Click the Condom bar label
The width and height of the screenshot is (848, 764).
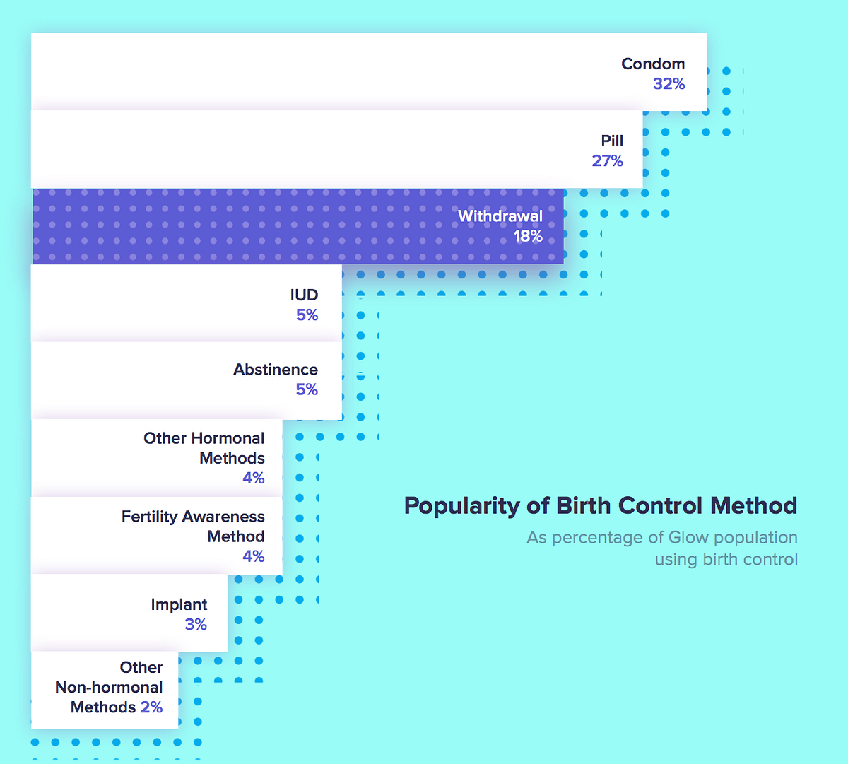(653, 64)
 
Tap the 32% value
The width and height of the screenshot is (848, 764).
(669, 84)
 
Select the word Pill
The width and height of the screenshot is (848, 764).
(612, 141)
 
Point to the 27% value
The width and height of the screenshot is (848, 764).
(607, 161)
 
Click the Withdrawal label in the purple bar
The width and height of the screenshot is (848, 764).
(500, 216)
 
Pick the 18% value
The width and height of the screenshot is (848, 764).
(528, 236)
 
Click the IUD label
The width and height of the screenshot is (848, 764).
(304, 295)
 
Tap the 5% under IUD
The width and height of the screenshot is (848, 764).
(307, 315)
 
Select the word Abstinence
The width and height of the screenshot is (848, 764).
(276, 370)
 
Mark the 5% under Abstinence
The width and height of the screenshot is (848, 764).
(307, 389)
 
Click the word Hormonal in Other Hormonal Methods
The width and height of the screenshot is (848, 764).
(226, 438)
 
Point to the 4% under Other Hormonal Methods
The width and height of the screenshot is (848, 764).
(253, 478)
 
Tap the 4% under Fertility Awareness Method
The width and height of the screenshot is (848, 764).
(253, 556)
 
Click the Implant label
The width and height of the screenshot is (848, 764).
(179, 605)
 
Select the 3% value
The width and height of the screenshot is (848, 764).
(196, 625)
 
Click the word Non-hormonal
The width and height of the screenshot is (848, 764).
(109, 688)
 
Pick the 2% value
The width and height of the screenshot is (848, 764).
(151, 707)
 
